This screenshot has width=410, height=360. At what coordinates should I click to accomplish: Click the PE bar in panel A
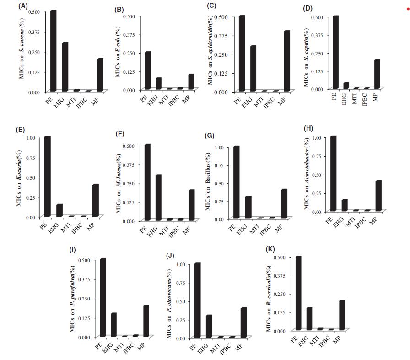pos(53,50)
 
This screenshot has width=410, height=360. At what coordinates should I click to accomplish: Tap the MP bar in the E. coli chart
pos(191,82)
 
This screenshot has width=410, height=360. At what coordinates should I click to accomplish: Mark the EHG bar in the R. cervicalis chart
pos(309,319)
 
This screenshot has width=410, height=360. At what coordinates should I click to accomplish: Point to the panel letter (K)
pos(270,250)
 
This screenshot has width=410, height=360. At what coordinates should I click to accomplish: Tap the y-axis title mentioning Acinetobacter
pos(307,174)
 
